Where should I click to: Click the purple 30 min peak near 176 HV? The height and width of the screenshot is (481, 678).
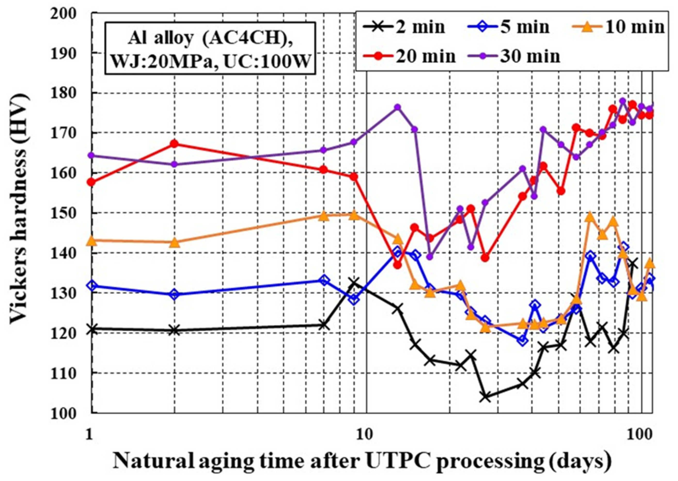point(398,107)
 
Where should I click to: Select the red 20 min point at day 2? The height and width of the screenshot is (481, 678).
point(175,144)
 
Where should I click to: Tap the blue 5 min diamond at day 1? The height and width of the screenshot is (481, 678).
point(92,286)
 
